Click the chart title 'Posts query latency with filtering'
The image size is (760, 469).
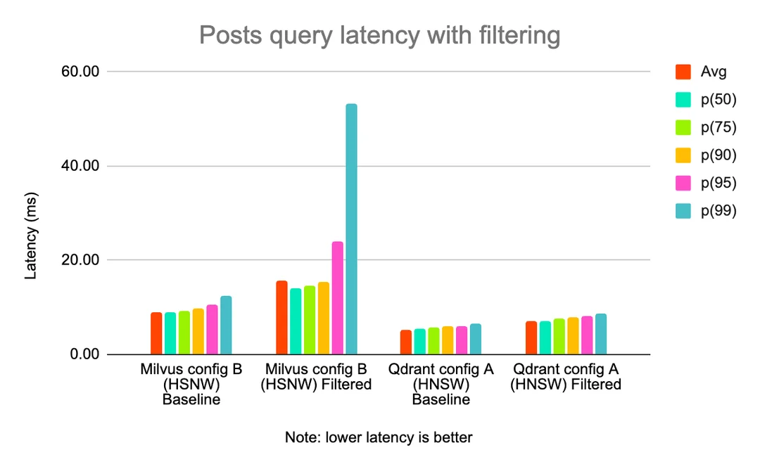coord(379,34)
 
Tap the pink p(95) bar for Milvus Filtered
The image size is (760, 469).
coord(338,298)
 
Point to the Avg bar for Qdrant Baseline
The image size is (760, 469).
coord(406,342)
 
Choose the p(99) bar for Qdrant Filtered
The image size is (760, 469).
coord(601,334)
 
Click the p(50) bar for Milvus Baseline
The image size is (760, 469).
coord(170,333)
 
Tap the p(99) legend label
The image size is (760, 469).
coord(718,210)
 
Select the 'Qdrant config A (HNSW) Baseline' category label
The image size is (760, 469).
coord(441,385)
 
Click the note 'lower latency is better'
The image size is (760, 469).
coord(379,437)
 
